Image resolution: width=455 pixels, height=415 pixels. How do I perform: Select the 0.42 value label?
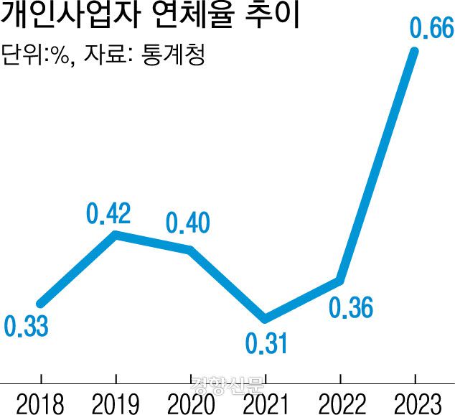(108, 213)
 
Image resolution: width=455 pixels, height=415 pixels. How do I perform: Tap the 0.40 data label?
(187, 223)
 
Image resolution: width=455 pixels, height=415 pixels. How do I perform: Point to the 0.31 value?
(266, 344)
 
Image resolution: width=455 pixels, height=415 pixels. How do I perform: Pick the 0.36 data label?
(351, 308)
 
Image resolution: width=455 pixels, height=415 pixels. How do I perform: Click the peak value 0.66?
(431, 29)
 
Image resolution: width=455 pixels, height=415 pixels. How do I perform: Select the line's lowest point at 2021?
(266, 318)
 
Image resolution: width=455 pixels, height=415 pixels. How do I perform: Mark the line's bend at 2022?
(340, 280)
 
